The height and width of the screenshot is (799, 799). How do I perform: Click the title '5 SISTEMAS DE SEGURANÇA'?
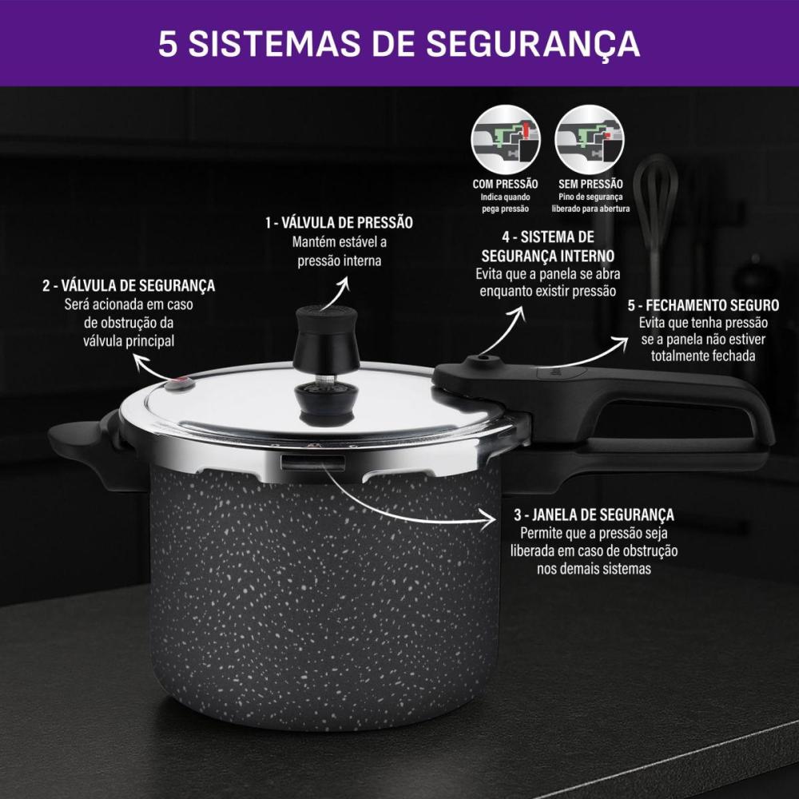399,44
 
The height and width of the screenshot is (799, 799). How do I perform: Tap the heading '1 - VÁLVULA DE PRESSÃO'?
339,223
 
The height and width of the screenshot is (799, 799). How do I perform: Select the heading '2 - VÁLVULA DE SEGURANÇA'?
129,285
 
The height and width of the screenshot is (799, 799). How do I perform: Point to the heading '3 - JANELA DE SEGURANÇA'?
594,515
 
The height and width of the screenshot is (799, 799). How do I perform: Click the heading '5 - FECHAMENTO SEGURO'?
703,305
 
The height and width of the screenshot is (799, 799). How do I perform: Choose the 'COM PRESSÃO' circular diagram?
506,140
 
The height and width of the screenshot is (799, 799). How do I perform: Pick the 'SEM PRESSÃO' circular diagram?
590,140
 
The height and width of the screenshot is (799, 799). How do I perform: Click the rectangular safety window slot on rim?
313,463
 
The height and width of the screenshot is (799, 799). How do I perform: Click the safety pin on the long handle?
480,360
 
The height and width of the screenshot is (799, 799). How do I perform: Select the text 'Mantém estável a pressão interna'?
340,251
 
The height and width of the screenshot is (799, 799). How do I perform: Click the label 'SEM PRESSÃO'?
590,184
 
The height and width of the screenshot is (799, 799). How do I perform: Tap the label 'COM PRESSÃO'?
505,184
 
